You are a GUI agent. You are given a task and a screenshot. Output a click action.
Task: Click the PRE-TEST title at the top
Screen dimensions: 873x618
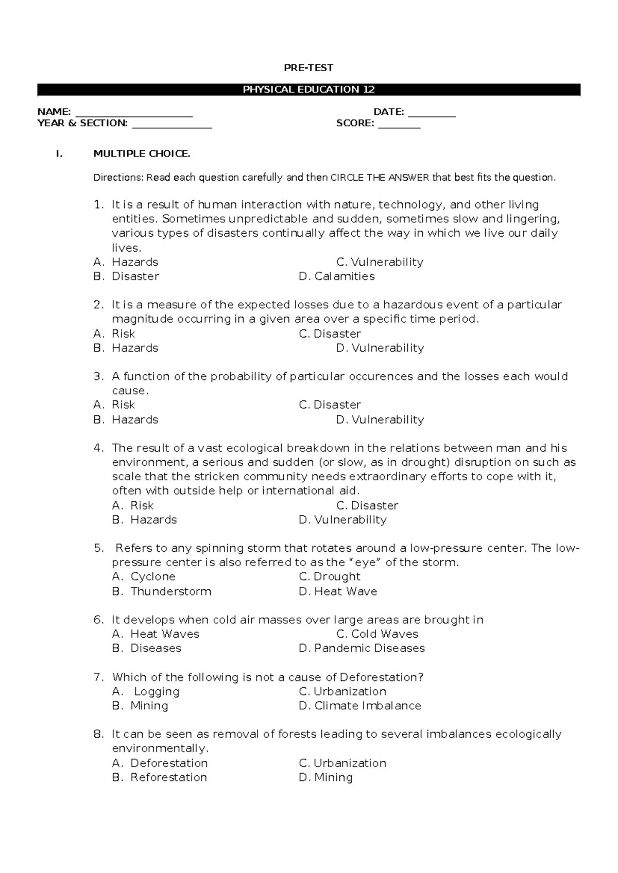point(308,67)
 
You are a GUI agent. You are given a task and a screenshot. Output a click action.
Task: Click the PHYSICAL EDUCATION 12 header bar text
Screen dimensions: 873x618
point(308,90)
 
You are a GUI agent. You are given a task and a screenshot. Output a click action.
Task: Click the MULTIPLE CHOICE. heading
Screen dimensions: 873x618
point(142,153)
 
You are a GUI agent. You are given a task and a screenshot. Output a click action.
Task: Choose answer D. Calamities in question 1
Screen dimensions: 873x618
point(337,276)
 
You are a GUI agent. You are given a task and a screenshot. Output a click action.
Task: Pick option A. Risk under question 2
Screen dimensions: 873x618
point(114,334)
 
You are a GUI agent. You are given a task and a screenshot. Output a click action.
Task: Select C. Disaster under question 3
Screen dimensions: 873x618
point(330,405)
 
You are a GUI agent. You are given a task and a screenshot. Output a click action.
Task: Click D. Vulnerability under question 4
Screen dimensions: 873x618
point(342,520)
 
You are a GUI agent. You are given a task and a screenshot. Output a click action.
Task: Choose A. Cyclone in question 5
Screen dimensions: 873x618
point(144,577)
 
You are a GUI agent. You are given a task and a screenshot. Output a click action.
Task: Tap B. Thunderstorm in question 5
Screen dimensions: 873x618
point(162,591)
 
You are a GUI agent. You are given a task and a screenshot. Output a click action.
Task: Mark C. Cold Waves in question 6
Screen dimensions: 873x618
point(377,634)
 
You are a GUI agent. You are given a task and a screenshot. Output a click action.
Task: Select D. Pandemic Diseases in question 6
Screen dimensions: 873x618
point(362,649)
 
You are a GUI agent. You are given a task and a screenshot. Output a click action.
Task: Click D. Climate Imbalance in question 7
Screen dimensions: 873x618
point(359,706)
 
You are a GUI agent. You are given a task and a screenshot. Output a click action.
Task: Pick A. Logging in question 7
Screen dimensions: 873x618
point(146,691)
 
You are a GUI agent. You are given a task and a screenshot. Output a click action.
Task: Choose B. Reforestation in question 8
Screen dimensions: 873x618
point(160,777)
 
